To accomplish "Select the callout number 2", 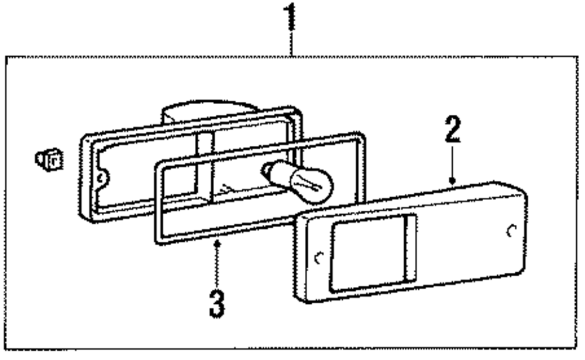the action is [452, 130].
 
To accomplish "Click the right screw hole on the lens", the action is [511, 231].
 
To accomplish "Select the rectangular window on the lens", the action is [366, 253].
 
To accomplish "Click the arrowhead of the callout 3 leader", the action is [217, 244].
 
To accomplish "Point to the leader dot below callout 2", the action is [452, 181].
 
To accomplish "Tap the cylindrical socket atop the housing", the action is [208, 111].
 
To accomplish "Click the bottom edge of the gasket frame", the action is [234, 232].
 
